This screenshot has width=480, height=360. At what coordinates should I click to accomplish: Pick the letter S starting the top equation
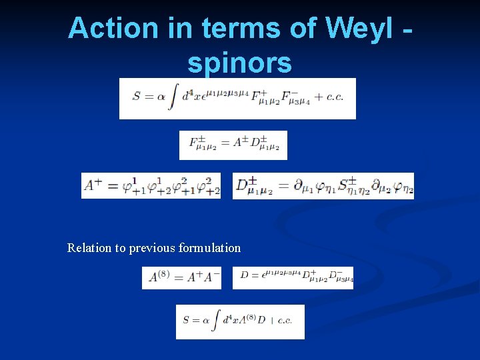137,97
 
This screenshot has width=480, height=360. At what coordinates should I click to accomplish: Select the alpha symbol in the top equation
160,97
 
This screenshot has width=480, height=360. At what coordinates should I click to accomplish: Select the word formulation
209,248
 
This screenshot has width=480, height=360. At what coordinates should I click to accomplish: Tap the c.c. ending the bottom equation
285,321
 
